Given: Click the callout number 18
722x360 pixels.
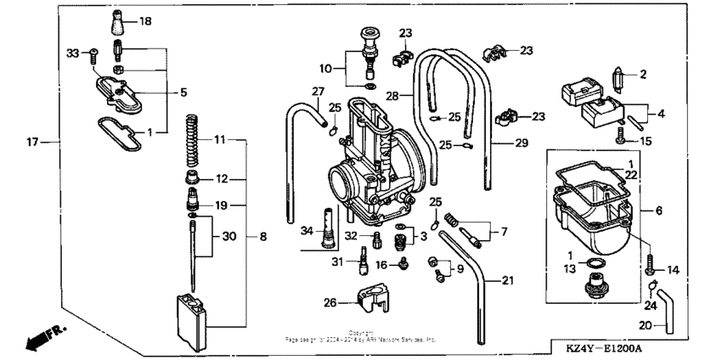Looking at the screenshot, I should (145, 20).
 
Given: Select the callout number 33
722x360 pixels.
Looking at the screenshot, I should (72, 53).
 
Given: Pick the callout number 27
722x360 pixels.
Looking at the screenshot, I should (318, 91).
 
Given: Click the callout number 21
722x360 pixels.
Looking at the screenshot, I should (507, 280).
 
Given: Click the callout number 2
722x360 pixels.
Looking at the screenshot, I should (643, 75).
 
